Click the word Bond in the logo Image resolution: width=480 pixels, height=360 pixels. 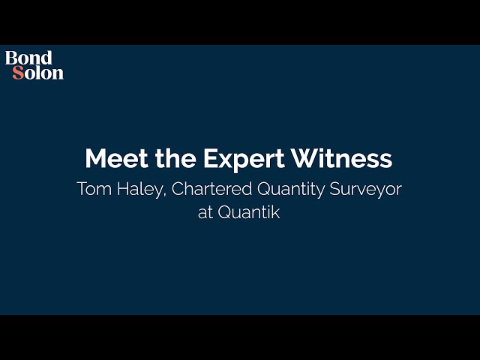coord(28,58)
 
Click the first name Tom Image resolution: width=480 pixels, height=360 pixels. coord(92,189)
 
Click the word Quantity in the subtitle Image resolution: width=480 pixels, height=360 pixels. coord(288,190)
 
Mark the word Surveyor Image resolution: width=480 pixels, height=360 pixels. coord(365,190)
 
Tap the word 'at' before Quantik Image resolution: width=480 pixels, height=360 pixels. coord(205,211)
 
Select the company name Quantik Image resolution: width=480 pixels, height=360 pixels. coord(250,211)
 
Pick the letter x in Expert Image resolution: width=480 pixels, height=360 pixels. coord(220,160)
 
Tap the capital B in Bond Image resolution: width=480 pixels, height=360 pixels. coord(11,58)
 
